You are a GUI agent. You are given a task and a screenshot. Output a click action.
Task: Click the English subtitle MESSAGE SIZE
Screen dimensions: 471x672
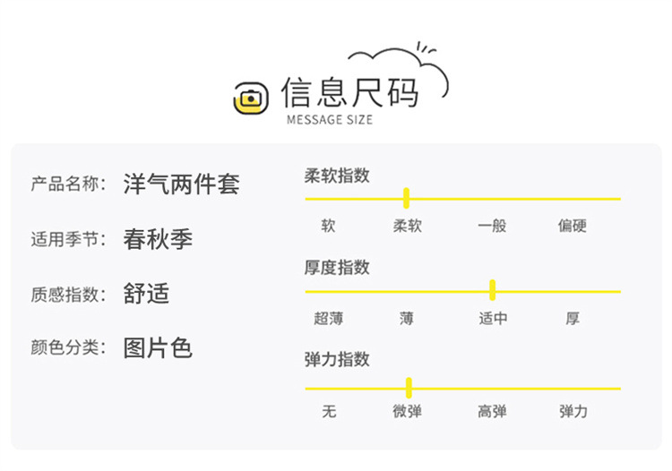pos(329,120)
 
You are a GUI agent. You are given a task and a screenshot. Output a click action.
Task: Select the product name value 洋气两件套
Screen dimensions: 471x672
pos(182,184)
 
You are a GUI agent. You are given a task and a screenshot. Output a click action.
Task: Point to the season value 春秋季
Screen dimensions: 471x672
pos(158,239)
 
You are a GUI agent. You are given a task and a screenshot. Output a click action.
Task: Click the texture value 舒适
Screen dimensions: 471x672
pos(146,294)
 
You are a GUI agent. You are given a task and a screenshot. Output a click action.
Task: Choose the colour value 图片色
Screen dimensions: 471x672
pos(158,347)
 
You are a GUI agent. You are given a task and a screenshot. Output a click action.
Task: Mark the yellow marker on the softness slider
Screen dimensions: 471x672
pos(406,198)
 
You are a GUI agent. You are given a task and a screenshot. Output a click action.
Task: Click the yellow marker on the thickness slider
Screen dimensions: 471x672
pos(492,290)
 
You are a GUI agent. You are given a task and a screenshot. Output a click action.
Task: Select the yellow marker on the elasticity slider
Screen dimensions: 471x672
pos(409,388)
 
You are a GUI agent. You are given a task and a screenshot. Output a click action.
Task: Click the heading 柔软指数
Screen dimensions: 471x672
pos(337,176)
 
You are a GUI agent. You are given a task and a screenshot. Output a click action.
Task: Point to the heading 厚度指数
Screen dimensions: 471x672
pos(337,268)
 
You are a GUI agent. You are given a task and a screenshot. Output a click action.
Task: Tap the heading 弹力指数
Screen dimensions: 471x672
pos(337,359)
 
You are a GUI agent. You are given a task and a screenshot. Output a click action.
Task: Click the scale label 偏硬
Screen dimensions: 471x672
pos(573,226)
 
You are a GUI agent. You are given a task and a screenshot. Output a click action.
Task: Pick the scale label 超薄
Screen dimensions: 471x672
pos(329,318)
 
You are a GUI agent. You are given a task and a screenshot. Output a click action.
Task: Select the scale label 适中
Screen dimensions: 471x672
pos(493,318)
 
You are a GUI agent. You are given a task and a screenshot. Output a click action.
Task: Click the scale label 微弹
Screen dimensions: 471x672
pos(408,412)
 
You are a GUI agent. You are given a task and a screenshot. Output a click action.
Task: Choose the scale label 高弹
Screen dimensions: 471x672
pos(492,412)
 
